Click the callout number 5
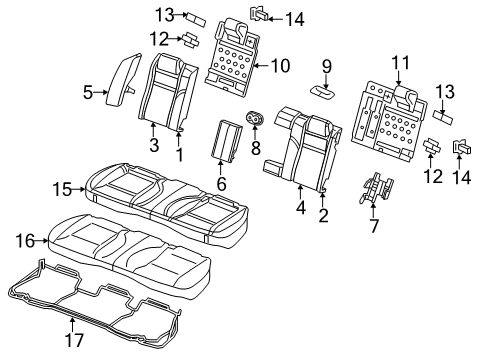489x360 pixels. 87,94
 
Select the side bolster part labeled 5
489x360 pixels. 126,76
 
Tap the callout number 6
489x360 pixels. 222,183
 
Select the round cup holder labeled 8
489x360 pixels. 255,121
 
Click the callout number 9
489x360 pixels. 326,66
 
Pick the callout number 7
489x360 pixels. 374,226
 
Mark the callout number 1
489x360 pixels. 180,155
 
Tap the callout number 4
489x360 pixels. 300,208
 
